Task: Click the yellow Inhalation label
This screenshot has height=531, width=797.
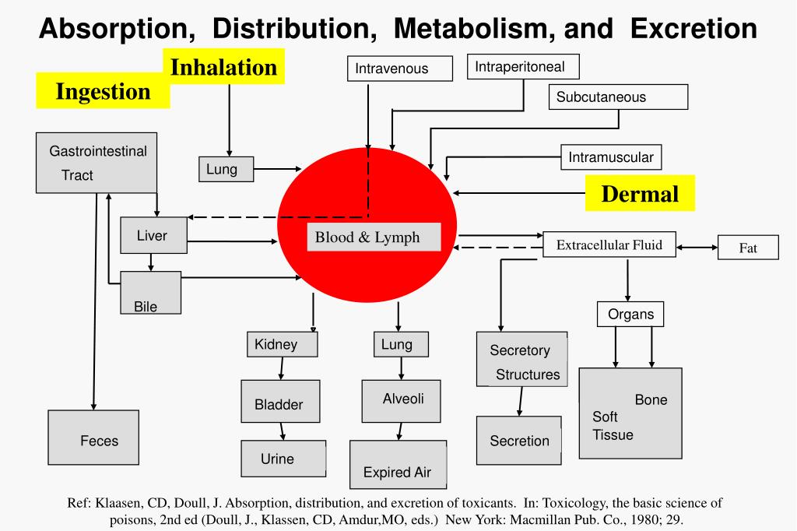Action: (223, 67)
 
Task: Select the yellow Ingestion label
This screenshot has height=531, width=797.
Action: (103, 91)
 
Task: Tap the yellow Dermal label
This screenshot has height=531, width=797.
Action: (640, 193)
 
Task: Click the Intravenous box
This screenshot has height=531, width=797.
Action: (398, 69)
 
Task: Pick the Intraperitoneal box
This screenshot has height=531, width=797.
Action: (524, 67)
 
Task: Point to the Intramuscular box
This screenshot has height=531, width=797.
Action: (611, 157)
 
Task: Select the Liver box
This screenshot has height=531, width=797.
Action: (153, 236)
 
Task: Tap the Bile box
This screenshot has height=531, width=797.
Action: (150, 293)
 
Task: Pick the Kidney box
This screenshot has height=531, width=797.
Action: (283, 344)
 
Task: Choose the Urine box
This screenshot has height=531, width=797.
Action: (283, 459)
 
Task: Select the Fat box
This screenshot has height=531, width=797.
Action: (747, 248)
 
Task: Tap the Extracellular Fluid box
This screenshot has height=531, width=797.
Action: (609, 245)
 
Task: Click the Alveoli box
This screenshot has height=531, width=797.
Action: (402, 400)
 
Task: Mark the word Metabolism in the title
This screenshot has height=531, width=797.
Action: (473, 29)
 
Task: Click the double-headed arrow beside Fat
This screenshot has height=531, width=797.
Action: (697, 248)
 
